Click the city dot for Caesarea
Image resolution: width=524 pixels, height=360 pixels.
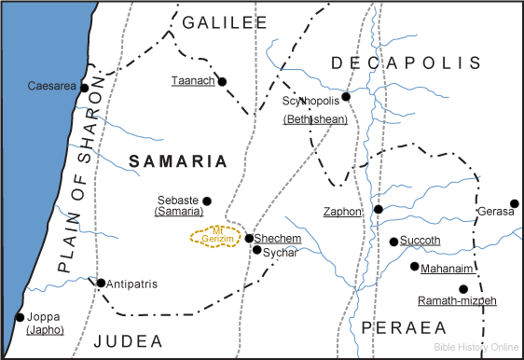(x=84, y=89)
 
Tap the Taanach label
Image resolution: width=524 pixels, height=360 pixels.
(x=193, y=81)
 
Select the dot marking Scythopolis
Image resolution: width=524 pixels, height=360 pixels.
(x=346, y=96)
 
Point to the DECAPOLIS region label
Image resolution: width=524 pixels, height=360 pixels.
(x=407, y=62)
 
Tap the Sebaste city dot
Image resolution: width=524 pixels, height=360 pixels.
(x=207, y=201)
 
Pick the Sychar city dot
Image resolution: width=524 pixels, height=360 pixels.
(x=256, y=250)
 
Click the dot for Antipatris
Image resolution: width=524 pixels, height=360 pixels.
(x=101, y=283)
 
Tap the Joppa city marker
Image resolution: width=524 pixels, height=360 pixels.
(x=20, y=317)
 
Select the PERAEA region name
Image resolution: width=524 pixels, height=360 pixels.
(x=399, y=328)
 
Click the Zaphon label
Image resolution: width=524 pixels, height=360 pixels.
(x=342, y=212)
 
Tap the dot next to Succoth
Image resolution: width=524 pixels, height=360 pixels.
(x=393, y=242)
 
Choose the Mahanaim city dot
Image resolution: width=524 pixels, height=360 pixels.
(x=414, y=267)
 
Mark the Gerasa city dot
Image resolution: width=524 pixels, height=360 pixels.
(x=514, y=202)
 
